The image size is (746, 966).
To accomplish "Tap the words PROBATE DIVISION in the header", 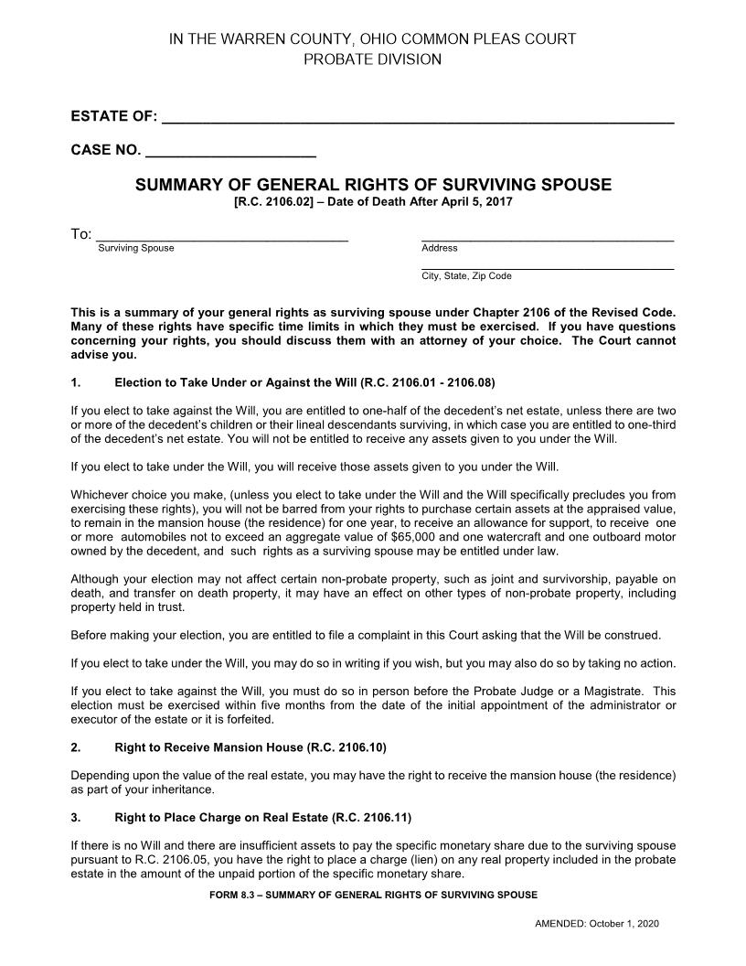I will (372, 59).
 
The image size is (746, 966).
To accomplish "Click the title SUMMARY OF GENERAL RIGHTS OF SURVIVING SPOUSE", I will (373, 185).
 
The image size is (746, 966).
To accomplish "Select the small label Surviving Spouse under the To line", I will (135, 248).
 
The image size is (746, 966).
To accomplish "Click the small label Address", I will (439, 248).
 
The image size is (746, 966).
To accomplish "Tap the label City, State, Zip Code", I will (466, 275).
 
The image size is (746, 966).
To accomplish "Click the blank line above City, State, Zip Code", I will (547, 266).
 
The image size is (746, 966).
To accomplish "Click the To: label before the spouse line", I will (81, 235).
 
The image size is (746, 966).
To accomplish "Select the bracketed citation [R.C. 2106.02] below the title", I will (273, 201).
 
